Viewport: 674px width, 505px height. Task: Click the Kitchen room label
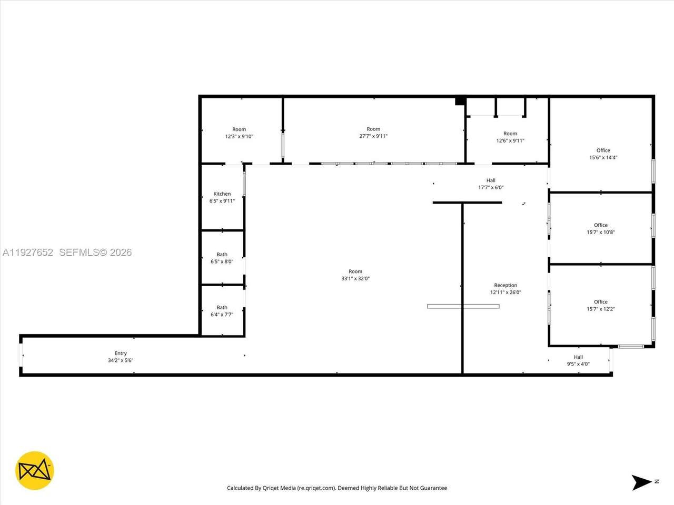[x=222, y=194]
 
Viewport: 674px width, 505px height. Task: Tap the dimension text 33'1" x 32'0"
[x=355, y=278]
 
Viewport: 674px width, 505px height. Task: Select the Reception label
[x=506, y=285]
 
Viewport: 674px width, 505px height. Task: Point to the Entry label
[x=121, y=353]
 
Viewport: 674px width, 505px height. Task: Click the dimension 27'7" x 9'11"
[x=373, y=136]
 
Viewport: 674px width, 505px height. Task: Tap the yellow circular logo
[x=35, y=470]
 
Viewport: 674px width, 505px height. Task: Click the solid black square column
[x=460, y=101]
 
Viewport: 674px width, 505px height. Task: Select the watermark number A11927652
[x=27, y=252]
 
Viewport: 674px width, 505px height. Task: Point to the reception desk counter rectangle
[x=463, y=306]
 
